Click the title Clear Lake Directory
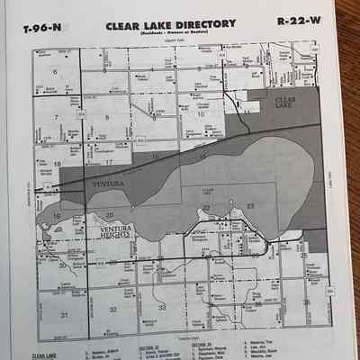[172, 23]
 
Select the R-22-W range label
[296, 21]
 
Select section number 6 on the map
[56, 71]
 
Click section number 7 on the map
[57, 117]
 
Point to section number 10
[202, 114]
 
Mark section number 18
[57, 164]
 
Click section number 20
[109, 214]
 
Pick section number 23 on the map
[250, 206]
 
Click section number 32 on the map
[112, 309]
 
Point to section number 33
[162, 308]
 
